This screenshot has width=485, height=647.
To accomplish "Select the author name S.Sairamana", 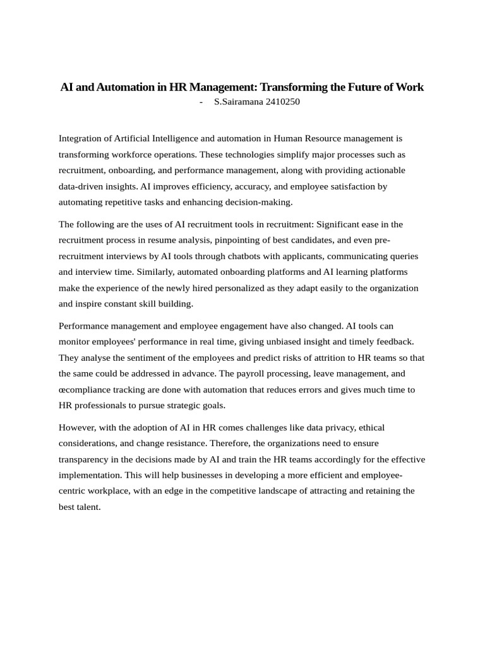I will (x=239, y=102).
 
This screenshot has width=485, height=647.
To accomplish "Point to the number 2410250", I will (x=282, y=102).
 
